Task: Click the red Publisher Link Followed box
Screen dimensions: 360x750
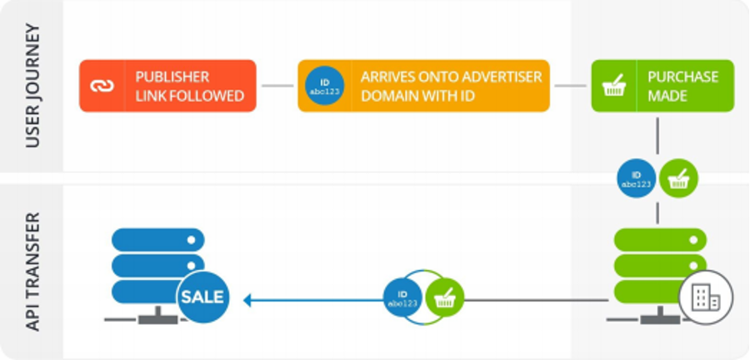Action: [167, 86]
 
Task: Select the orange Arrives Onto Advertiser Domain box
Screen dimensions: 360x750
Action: [423, 86]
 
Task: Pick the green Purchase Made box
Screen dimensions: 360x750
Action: [662, 86]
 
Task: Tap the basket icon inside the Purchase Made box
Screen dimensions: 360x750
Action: [614, 86]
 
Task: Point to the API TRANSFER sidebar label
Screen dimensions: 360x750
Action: [32, 271]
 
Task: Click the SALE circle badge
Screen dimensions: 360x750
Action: [202, 296]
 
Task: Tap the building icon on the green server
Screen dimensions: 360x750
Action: [705, 295]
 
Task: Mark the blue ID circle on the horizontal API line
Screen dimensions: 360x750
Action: [403, 297]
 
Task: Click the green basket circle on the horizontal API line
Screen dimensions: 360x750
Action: [444, 297]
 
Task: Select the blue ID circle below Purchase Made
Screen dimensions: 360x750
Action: [636, 178]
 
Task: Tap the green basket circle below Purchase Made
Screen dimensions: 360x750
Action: [678, 178]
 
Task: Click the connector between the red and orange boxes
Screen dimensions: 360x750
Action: [277, 85]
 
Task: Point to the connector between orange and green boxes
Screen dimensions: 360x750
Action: [570, 85]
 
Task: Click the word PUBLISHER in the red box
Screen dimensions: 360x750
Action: [172, 77]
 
